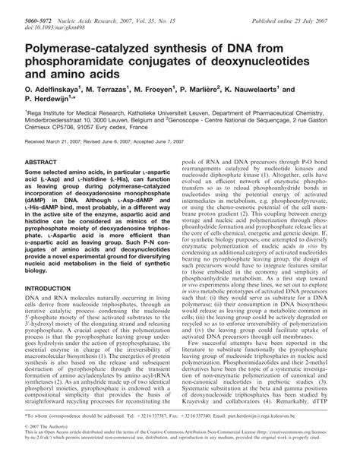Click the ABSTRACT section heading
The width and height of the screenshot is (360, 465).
pos(40,205)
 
